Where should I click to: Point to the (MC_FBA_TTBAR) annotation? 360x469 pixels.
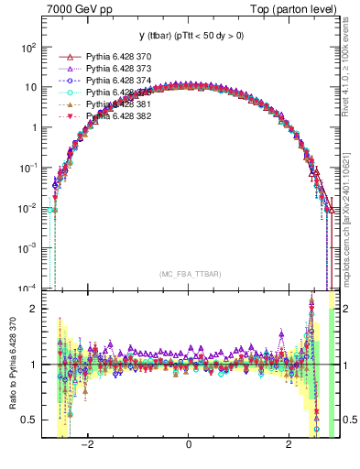pyautogui.click(x=189, y=274)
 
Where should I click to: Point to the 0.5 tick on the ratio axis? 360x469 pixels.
pyautogui.click(x=27, y=420)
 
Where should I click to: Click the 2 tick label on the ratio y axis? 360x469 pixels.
pyautogui.click(x=33, y=309)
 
